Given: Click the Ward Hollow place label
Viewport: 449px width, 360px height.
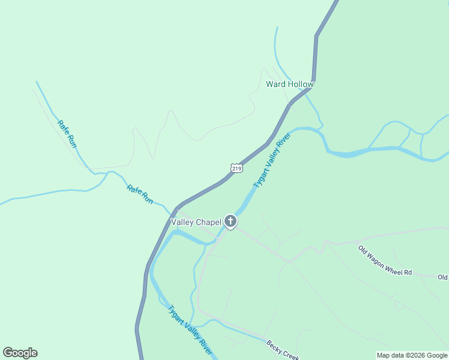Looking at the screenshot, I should click(x=290, y=84).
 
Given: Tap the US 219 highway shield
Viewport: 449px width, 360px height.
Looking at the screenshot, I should click(x=236, y=169).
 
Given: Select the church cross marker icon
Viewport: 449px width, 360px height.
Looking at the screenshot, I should click(x=230, y=222).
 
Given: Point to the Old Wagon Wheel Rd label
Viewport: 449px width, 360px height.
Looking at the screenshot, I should click(x=385, y=260).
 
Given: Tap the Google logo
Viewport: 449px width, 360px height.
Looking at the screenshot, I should click(x=20, y=353).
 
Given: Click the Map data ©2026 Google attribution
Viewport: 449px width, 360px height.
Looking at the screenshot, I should click(x=412, y=355).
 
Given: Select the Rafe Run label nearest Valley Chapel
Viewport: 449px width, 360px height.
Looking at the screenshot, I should click(x=140, y=193).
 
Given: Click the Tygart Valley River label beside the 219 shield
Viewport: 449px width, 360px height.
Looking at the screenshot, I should click(x=272, y=160).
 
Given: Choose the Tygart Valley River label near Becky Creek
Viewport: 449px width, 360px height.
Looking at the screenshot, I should click(x=190, y=330).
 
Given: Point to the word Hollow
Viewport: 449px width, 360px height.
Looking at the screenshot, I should click(x=301, y=84).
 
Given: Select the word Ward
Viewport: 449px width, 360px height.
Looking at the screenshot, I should click(x=276, y=84).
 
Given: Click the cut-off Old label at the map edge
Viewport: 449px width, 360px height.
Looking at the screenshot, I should click(x=443, y=277).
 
